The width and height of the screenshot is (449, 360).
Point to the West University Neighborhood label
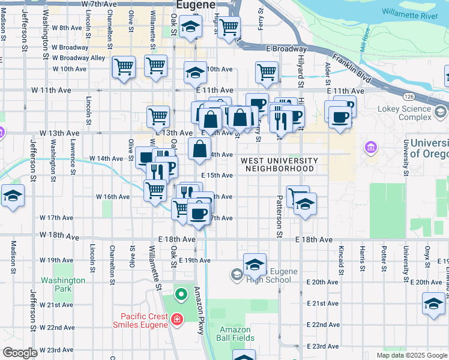pyautogui.click(x=279, y=165)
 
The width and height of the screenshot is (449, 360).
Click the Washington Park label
pyautogui.click(x=63, y=284)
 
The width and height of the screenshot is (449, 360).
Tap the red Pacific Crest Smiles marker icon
pyautogui.click(x=176, y=320)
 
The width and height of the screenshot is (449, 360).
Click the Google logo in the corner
pyautogui.click(x=20, y=353)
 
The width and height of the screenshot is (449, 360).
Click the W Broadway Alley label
pyautogui.click(x=79, y=58)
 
